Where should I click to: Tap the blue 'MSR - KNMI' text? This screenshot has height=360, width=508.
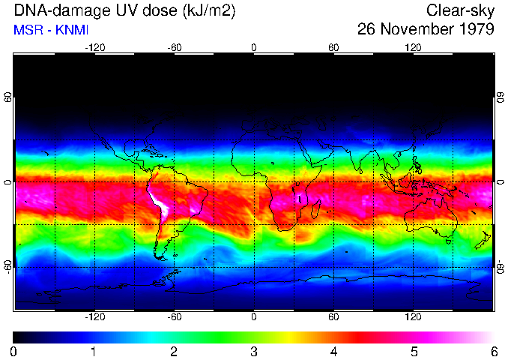point(52,31)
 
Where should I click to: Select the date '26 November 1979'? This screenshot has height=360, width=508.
point(426,30)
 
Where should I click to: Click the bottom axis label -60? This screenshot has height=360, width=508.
point(175,316)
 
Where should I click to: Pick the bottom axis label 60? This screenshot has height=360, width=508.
point(333,316)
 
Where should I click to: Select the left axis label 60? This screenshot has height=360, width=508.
point(8,98)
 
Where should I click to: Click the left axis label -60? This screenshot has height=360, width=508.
point(8,267)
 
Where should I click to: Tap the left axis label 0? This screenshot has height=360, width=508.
point(8,182)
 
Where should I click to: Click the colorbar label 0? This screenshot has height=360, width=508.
point(14,351)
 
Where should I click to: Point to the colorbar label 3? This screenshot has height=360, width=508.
point(254,351)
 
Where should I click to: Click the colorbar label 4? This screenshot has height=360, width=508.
point(334,351)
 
